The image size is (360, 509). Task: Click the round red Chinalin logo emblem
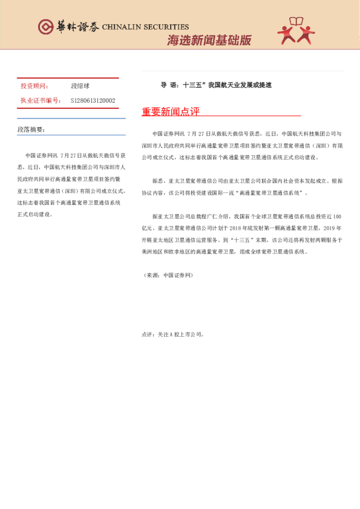[45, 27]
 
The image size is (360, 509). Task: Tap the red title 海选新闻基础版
[208, 41]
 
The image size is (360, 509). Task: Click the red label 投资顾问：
[34, 86]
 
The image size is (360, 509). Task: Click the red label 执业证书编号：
[41, 100]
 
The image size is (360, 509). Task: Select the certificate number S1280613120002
[93, 100]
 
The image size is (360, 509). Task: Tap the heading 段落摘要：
[31, 129]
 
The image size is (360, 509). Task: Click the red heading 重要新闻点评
[170, 112]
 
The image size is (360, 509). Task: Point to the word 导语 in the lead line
[167, 85]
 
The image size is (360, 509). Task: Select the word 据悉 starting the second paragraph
[158, 180]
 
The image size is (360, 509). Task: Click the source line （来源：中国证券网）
[167, 275]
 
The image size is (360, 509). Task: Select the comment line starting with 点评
[173, 334]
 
